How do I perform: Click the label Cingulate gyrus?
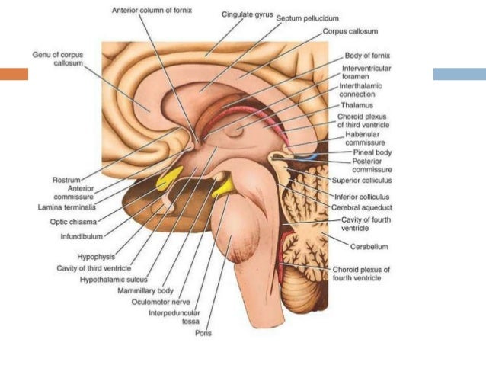pos(247,14)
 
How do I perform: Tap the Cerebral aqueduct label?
pos(360,207)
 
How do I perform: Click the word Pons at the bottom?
pos(203,333)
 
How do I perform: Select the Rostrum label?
pos(66,180)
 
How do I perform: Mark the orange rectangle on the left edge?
pos(14,74)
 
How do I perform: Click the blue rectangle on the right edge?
pos(459,74)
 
